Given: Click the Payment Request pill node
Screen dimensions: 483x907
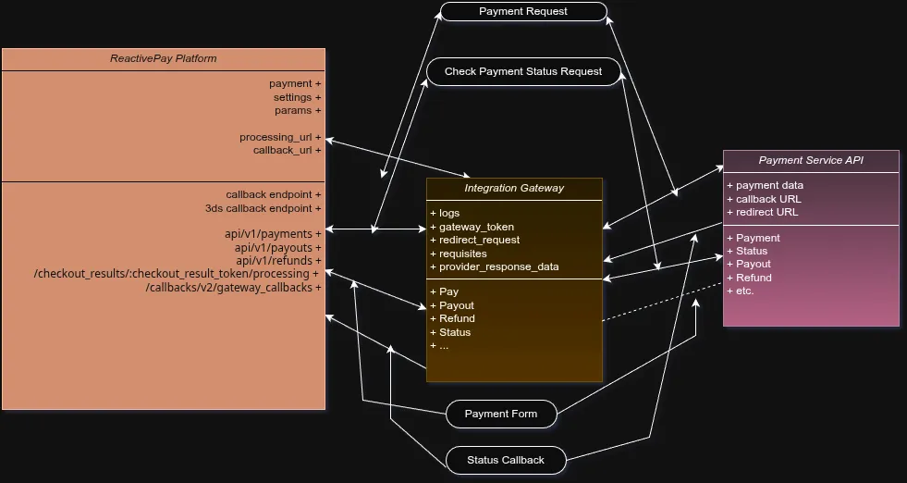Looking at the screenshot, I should click(x=523, y=12).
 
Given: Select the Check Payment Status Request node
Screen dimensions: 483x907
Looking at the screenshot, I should click(x=523, y=71).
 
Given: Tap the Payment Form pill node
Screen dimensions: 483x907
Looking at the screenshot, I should click(x=500, y=414).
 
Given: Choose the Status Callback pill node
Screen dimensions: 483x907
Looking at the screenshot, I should click(x=505, y=460).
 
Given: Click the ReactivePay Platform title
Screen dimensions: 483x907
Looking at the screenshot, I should click(x=164, y=59).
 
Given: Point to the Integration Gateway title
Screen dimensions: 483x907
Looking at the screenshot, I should click(x=514, y=188).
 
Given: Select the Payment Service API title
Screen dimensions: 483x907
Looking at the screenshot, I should click(x=811, y=160).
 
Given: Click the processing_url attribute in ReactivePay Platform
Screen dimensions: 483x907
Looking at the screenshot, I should click(x=280, y=137).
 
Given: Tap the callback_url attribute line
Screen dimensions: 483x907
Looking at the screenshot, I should click(x=287, y=150).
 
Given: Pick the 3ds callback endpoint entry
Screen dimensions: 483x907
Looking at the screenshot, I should click(x=263, y=208).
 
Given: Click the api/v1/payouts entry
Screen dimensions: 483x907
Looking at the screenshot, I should click(x=277, y=248).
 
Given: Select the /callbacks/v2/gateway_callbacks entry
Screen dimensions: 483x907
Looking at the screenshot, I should click(x=233, y=288).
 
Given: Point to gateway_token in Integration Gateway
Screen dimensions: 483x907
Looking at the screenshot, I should click(x=476, y=227).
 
